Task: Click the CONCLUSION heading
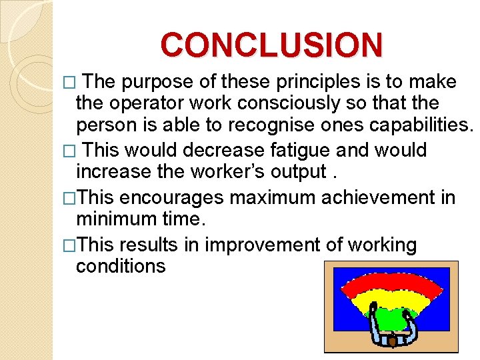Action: (x=272, y=45)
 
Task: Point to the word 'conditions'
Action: (x=121, y=267)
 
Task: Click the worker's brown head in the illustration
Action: (x=393, y=342)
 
